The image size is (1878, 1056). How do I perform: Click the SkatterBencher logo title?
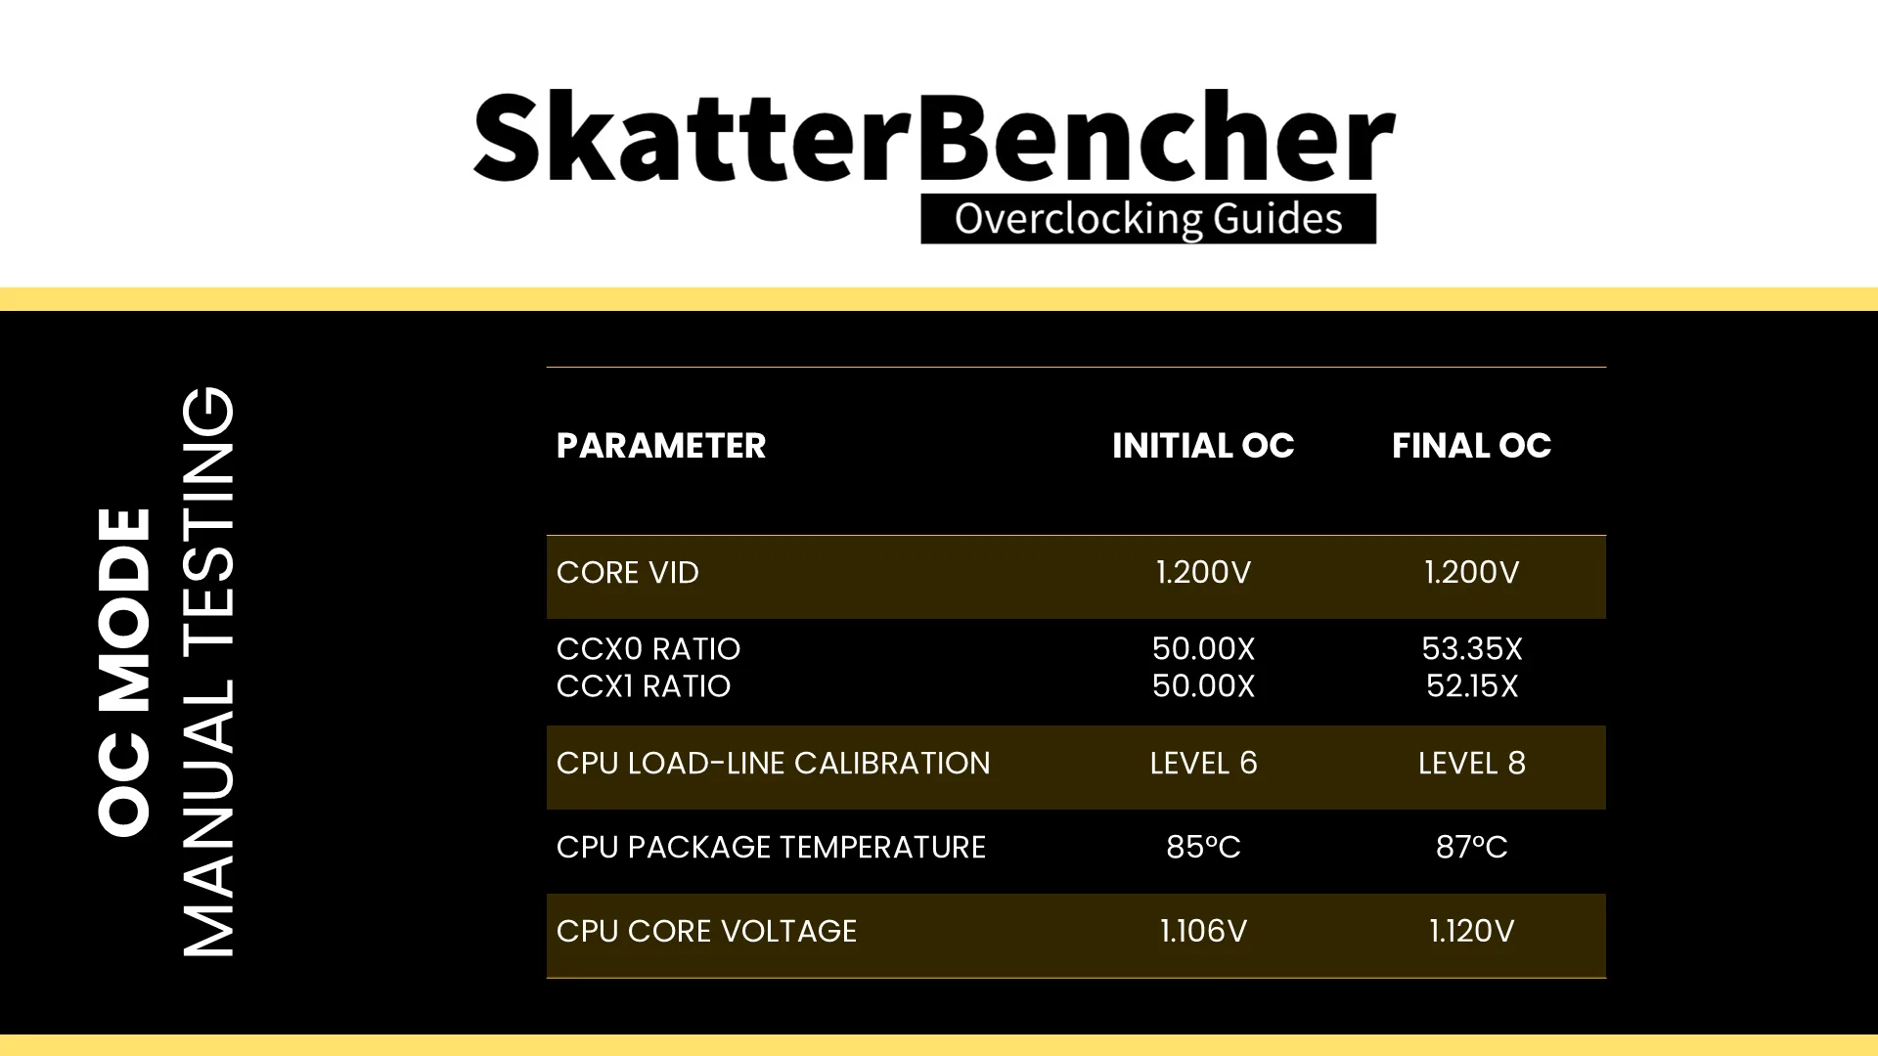(934, 137)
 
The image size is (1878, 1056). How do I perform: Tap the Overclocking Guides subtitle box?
(1148, 219)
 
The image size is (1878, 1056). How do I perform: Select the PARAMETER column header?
(661, 446)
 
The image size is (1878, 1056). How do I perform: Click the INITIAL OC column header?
(1203, 446)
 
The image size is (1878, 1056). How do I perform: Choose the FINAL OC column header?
(1471, 446)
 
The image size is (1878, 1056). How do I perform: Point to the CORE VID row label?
(628, 573)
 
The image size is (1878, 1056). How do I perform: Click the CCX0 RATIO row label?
(648, 649)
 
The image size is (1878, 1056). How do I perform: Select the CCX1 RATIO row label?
(644, 686)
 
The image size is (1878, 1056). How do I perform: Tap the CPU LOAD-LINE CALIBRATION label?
(774, 764)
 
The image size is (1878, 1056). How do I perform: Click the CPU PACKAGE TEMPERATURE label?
(771, 848)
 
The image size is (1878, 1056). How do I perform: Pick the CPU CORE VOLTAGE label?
(706, 932)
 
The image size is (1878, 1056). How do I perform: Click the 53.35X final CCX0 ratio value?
(1472, 649)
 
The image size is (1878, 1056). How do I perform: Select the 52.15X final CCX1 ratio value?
(1472, 686)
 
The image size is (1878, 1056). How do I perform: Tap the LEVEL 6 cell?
(1203, 764)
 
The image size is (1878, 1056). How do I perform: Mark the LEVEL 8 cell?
(1472, 764)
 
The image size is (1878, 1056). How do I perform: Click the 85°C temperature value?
(1203, 848)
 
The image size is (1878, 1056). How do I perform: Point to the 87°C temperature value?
(1472, 848)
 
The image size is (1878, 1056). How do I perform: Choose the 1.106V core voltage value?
(1203, 932)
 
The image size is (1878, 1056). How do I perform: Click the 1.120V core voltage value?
(1472, 932)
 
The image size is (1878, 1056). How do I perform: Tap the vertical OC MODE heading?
(125, 673)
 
